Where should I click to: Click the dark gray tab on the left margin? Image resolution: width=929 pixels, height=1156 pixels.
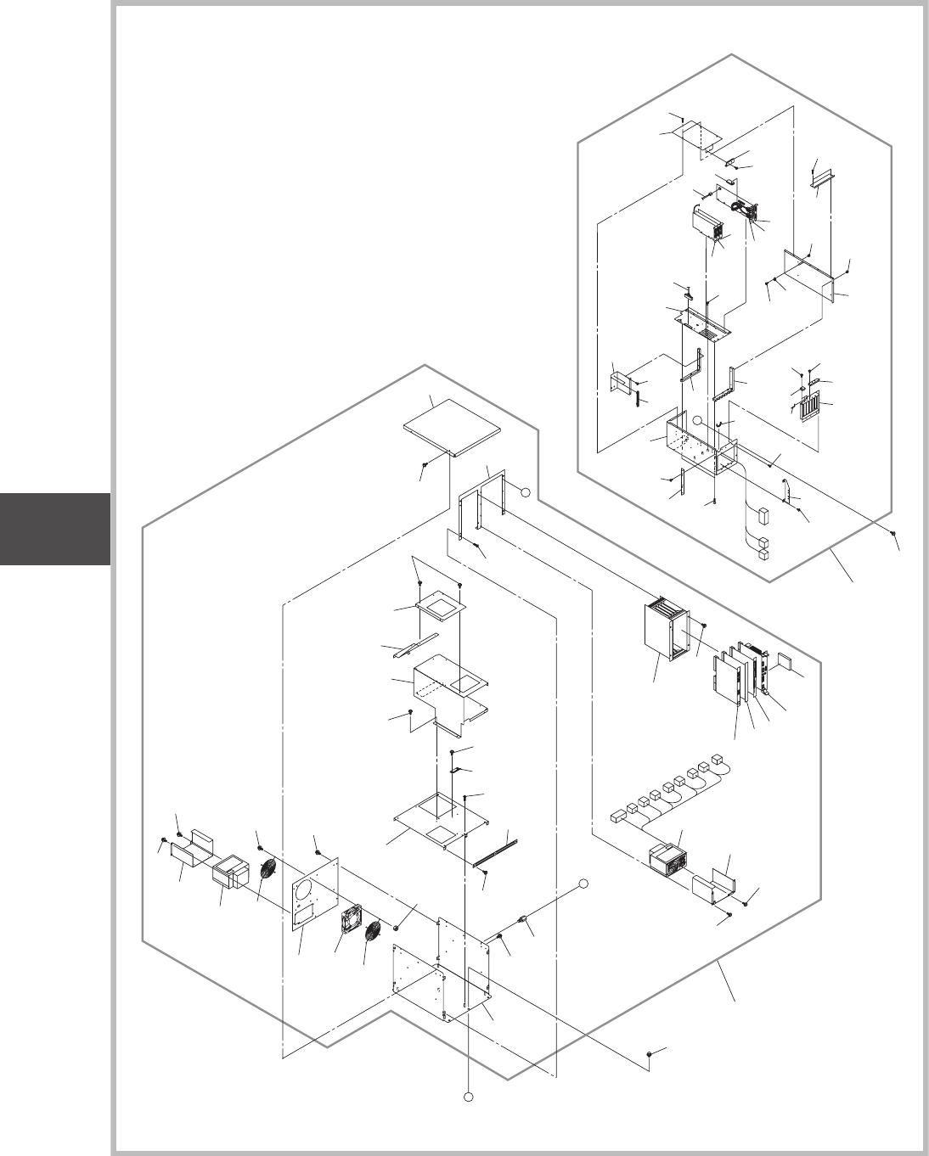[x=55, y=528]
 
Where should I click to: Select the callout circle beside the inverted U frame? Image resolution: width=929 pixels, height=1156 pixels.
[x=526, y=491]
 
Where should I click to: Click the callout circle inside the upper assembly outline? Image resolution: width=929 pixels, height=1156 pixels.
[x=696, y=420]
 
